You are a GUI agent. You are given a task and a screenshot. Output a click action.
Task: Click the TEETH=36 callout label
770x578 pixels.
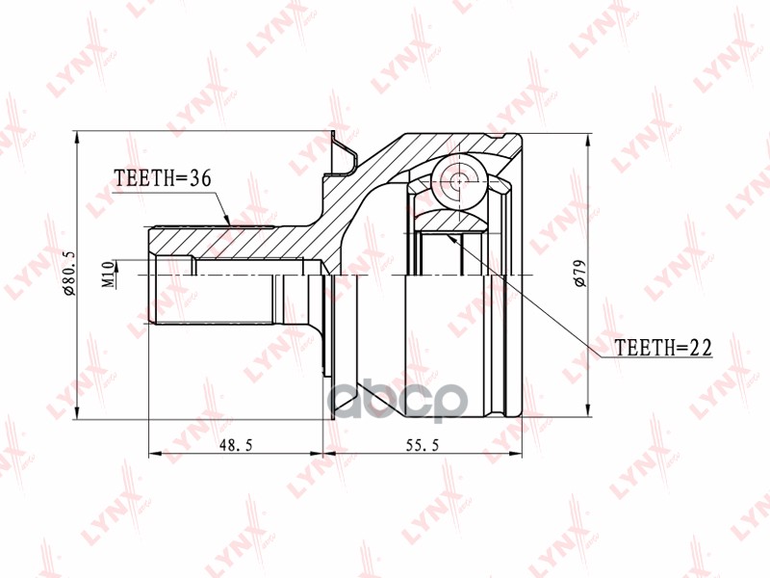[162, 178]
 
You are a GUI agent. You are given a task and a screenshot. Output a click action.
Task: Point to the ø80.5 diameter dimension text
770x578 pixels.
[68, 275]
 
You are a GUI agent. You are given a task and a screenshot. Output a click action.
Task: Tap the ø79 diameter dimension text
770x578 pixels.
[579, 275]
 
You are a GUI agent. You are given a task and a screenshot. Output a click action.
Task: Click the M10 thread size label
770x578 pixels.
[108, 275]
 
